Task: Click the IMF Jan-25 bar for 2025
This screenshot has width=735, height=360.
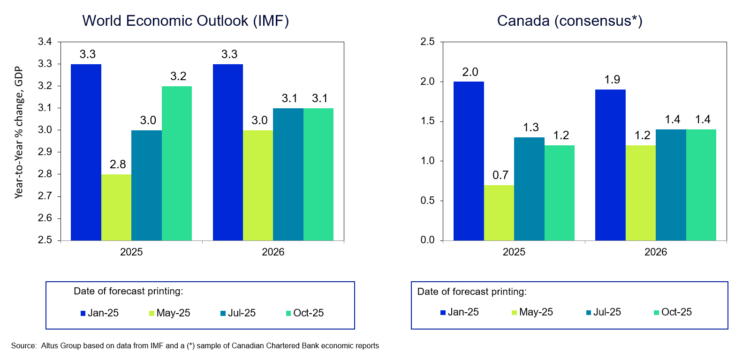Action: tap(86, 152)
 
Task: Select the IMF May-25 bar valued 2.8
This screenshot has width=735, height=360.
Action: tap(116, 207)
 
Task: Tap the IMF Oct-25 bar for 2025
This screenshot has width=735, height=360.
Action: tap(177, 163)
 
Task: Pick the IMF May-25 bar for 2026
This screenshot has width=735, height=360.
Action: tap(258, 185)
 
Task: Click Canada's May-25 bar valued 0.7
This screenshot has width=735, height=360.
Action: tap(499, 212)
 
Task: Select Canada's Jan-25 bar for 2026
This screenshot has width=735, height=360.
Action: tap(610, 165)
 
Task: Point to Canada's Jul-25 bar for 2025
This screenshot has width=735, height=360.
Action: tap(529, 188)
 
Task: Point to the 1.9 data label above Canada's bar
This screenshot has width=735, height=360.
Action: tap(610, 79)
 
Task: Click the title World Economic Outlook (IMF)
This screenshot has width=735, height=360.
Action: tap(185, 21)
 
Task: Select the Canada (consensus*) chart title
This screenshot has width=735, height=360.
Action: tap(569, 21)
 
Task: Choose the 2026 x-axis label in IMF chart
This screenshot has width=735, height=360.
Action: tap(273, 252)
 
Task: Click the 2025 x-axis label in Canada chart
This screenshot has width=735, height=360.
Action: tap(514, 252)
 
